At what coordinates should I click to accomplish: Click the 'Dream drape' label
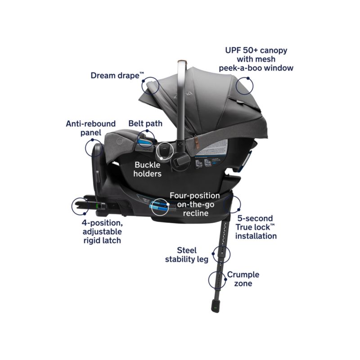tap(114, 75)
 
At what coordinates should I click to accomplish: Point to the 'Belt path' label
tap(145, 123)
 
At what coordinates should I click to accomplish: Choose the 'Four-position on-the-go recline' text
tap(194, 204)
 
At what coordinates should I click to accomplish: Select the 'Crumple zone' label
tap(243, 279)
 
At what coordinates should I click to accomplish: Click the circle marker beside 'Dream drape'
tap(151, 85)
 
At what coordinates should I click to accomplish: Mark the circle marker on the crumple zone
tap(217, 280)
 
